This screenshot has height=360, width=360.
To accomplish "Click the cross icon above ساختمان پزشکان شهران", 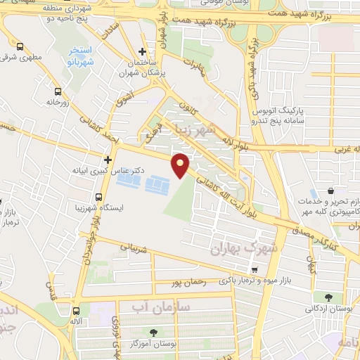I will click(x=143, y=51).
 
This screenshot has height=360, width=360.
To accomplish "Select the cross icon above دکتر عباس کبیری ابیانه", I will click(x=108, y=160).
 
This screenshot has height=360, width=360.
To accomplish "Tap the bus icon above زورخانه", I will click(x=57, y=91).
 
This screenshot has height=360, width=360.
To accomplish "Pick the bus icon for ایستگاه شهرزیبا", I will click(x=98, y=195).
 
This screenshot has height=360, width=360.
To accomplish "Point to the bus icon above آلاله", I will click(x=75, y=310).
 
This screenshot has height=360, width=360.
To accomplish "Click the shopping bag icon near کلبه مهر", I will click(x=330, y=191).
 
